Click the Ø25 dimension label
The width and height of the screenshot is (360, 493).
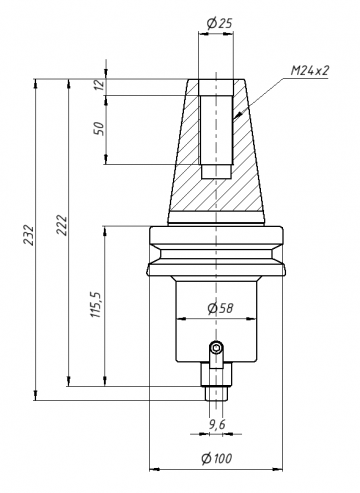(x=219, y=23)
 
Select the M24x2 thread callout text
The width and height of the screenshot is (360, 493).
(x=310, y=71)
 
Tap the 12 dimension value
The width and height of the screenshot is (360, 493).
(x=99, y=85)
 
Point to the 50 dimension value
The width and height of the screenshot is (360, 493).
(x=99, y=128)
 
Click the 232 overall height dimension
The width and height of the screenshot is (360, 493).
(x=29, y=235)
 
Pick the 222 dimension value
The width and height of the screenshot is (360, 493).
(x=62, y=226)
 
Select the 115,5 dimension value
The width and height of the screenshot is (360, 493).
(x=96, y=304)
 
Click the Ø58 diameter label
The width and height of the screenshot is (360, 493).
(x=220, y=308)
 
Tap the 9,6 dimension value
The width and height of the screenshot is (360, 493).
(x=217, y=424)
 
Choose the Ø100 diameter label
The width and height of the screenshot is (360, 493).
(x=217, y=459)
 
